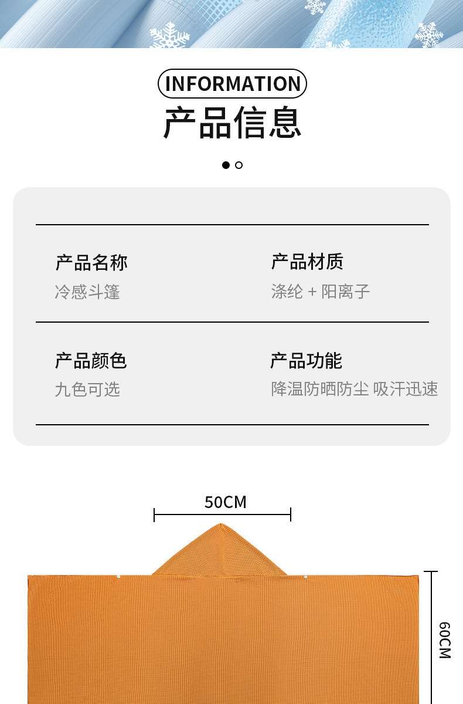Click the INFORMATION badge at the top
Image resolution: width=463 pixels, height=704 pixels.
coord(232,84)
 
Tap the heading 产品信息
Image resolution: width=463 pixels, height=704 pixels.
coord(232,123)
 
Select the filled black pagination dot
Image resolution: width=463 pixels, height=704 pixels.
coord(226,165)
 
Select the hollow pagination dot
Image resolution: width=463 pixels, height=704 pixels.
coord(239,165)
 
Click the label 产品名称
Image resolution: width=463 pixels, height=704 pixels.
coord(91,262)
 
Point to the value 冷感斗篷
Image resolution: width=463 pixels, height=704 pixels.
coord(87,292)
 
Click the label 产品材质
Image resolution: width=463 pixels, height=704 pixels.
coord(307,262)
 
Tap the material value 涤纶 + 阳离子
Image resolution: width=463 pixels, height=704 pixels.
coord(320,292)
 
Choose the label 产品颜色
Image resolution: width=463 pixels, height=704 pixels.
coord(91,360)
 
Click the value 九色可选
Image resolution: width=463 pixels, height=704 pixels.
coord(87,389)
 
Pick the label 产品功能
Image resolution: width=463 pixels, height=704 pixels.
coord(306,360)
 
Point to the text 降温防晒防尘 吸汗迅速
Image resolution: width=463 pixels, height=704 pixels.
coord(354,389)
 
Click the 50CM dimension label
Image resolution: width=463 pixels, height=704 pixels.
coord(226,502)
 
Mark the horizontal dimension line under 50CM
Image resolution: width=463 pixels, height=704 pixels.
coord(222,515)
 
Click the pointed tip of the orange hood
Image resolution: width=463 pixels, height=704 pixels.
coord(220,524)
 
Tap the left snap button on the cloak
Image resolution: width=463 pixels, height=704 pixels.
coord(118,577)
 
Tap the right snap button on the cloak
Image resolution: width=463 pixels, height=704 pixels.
coord(305,577)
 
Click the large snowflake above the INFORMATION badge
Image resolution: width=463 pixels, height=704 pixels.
coord(170,36)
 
